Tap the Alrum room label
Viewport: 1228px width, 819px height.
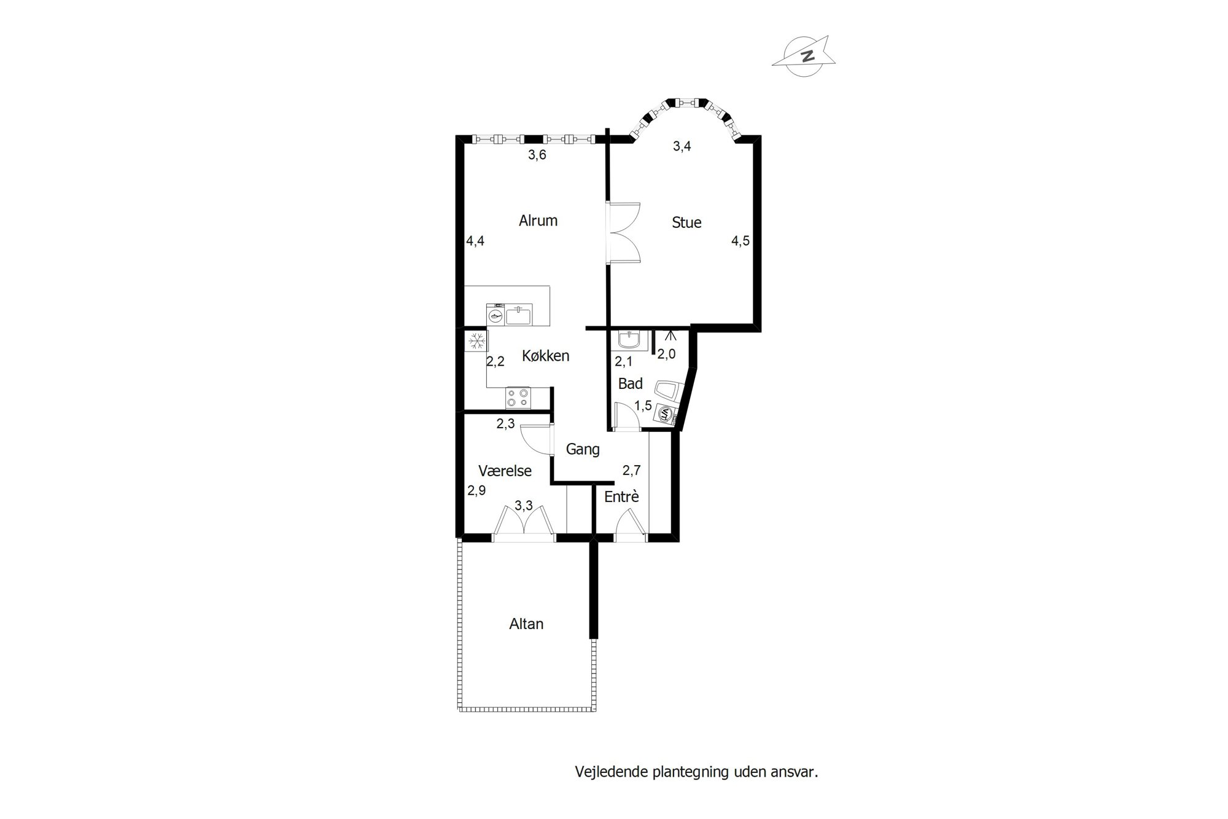point(538,221)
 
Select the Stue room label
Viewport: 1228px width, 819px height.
point(686,222)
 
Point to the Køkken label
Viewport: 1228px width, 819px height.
point(546,356)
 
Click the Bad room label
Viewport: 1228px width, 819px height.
point(631,384)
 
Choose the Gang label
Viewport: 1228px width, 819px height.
point(583,450)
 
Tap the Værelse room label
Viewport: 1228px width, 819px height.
point(505,471)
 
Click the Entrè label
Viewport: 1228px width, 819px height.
point(621,496)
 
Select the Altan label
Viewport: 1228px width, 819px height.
point(526,624)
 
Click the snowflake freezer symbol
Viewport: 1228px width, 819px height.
point(476,341)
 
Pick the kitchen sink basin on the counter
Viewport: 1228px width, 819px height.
point(519,316)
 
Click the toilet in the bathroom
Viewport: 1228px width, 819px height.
point(667,391)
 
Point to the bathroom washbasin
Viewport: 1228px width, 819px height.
point(629,340)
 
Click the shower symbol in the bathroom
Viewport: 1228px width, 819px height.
point(670,336)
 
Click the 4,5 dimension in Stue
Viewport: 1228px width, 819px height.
point(740,241)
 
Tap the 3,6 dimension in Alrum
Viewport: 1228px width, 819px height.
point(537,155)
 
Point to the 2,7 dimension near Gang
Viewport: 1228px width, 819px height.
point(631,471)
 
